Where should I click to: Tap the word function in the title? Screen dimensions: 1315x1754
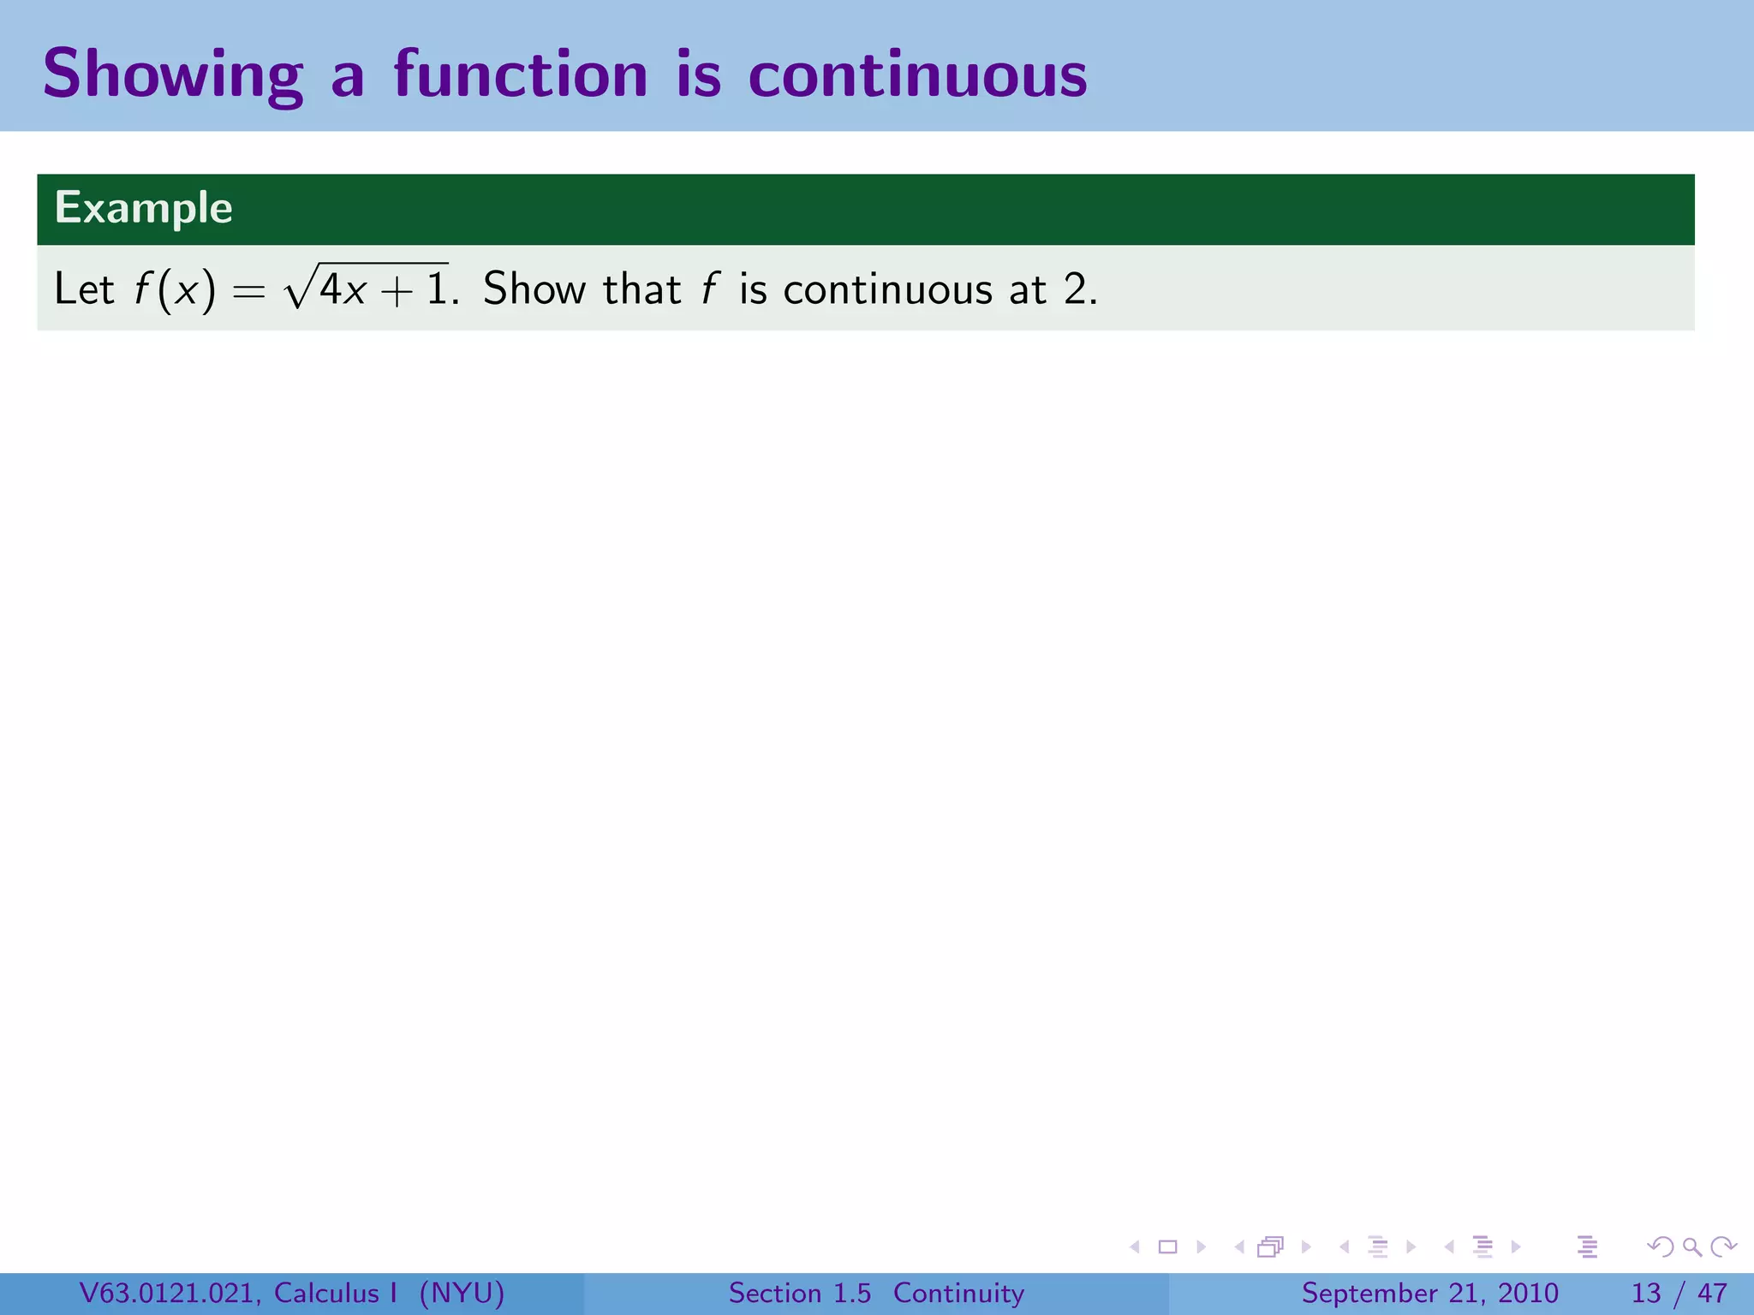coord(520,75)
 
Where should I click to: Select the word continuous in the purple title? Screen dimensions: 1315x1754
coord(917,75)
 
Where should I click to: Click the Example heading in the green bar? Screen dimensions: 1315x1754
coord(143,208)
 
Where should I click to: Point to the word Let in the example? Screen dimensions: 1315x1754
coord(84,289)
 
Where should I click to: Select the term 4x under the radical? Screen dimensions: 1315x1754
coord(343,289)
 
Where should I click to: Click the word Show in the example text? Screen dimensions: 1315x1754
coord(534,289)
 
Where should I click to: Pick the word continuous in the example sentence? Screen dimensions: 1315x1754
coord(887,289)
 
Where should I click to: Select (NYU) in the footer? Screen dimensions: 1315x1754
coord(462,1293)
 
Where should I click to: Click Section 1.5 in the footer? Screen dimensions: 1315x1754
coord(799,1293)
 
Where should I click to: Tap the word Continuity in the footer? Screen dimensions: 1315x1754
coord(958,1293)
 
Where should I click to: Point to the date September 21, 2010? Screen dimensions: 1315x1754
coord(1429,1293)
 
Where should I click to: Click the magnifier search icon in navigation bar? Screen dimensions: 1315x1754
coord(1691,1247)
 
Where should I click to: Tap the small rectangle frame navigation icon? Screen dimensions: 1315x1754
coord(1167,1247)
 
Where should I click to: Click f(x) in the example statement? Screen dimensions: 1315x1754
coord(175,289)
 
